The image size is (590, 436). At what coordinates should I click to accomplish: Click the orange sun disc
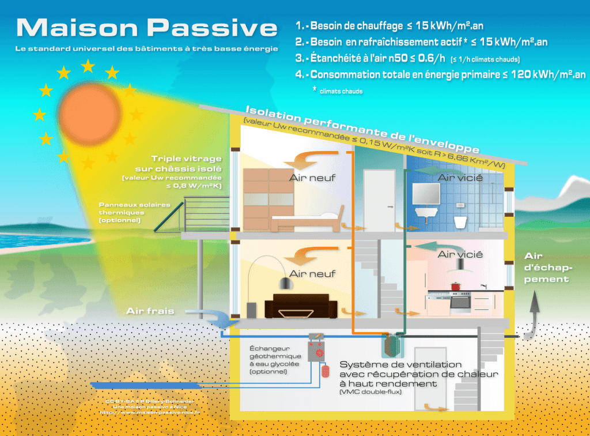pyautogui.click(x=88, y=112)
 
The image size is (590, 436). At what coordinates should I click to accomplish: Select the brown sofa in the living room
pyautogui.click(x=301, y=306)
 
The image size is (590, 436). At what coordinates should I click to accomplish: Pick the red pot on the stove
pyautogui.click(x=456, y=286)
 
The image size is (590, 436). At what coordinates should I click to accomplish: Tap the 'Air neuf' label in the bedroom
pyautogui.click(x=312, y=178)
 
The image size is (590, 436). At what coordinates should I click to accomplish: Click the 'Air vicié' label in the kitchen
pyautogui.click(x=460, y=254)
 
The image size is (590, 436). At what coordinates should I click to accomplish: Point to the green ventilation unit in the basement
pyautogui.click(x=394, y=345)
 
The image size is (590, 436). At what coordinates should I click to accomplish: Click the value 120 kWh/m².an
pyautogui.click(x=545, y=74)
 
